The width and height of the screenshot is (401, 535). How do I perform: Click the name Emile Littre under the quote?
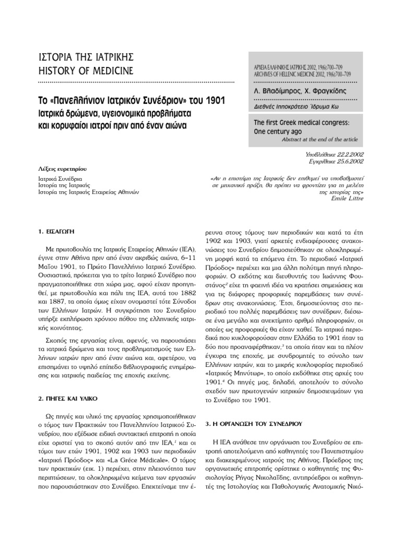coord(349,199)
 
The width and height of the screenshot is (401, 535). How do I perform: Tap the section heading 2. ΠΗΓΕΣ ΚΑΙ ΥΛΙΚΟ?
coord(68,398)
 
